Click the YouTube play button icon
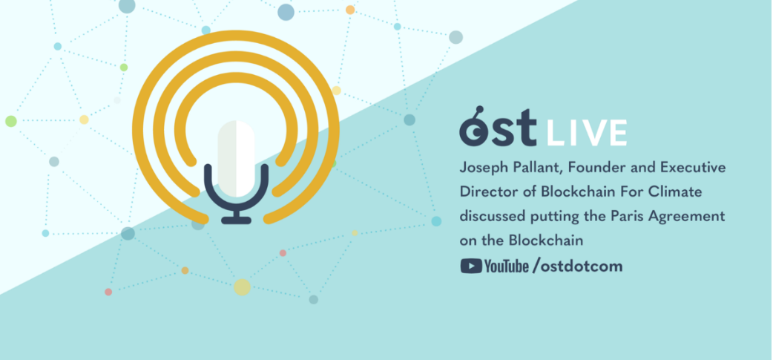click(470, 266)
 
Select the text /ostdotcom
click(577, 266)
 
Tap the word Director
click(486, 193)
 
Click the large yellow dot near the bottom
click(242, 287)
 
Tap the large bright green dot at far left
click(11, 121)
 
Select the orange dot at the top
click(350, 10)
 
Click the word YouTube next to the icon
click(507, 266)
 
